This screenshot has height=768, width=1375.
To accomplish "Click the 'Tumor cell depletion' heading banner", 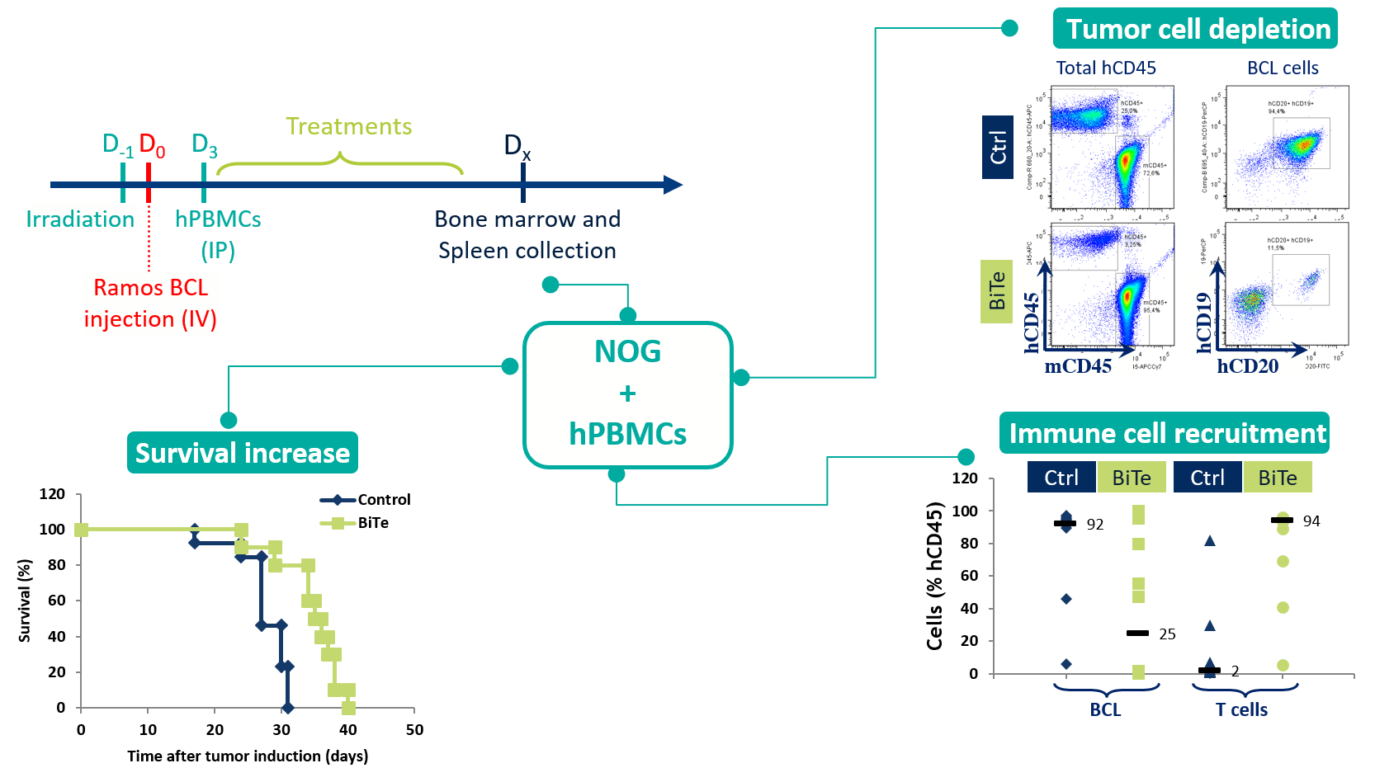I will [1195, 29].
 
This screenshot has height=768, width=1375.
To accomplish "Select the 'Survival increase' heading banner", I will [242, 453].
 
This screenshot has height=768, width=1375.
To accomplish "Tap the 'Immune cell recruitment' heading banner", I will [1165, 433].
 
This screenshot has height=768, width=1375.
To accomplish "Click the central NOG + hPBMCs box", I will [627, 394].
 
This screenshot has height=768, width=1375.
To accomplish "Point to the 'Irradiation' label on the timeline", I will [80, 219].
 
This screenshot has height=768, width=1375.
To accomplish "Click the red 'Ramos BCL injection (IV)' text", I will [150, 303].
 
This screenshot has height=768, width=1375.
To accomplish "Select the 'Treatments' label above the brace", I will [348, 126].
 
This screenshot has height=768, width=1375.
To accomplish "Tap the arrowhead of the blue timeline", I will [673, 185].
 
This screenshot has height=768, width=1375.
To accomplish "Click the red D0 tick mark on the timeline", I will [149, 183].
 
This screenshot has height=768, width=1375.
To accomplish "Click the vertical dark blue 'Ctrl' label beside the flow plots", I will [997, 148].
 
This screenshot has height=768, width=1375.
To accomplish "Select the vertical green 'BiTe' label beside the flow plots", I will [996, 291].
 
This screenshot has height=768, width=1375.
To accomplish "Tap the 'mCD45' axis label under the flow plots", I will [1078, 366].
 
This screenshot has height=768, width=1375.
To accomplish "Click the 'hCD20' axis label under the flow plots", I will [1247, 366].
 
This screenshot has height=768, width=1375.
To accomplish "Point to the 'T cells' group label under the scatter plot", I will [1241, 709].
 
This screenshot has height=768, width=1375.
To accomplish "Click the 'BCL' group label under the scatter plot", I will [1105, 709].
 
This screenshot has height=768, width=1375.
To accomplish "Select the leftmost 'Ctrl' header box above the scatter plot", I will [1061, 478].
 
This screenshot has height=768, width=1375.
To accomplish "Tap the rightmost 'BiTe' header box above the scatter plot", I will [1277, 478].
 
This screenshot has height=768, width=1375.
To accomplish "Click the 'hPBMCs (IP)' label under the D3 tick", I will [218, 234].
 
